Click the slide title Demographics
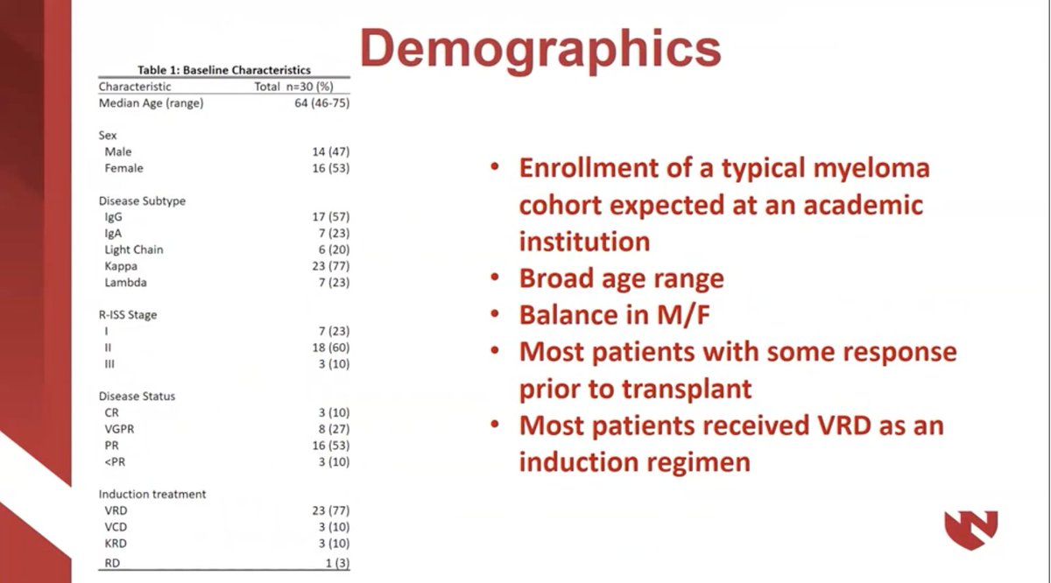pyautogui.click(x=540, y=47)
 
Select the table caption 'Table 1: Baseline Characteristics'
pyautogui.click(x=223, y=70)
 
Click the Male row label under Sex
pyautogui.click(x=117, y=152)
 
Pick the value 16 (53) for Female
pyautogui.click(x=332, y=168)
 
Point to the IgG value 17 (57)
pyautogui.click(x=332, y=217)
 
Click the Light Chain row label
pyautogui.click(x=133, y=249)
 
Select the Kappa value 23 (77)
pyautogui.click(x=332, y=266)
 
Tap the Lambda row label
pyautogui.click(x=125, y=283)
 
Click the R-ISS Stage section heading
pyautogui.click(x=128, y=315)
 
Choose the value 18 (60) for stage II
pyautogui.click(x=332, y=348)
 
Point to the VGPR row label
pyautogui.click(x=120, y=429)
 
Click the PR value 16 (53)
pyautogui.click(x=332, y=445)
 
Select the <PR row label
pyautogui.click(x=115, y=461)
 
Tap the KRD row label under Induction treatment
pyautogui.click(x=116, y=543)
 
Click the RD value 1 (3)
pyautogui.click(x=337, y=562)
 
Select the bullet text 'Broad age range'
pyautogui.click(x=621, y=278)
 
